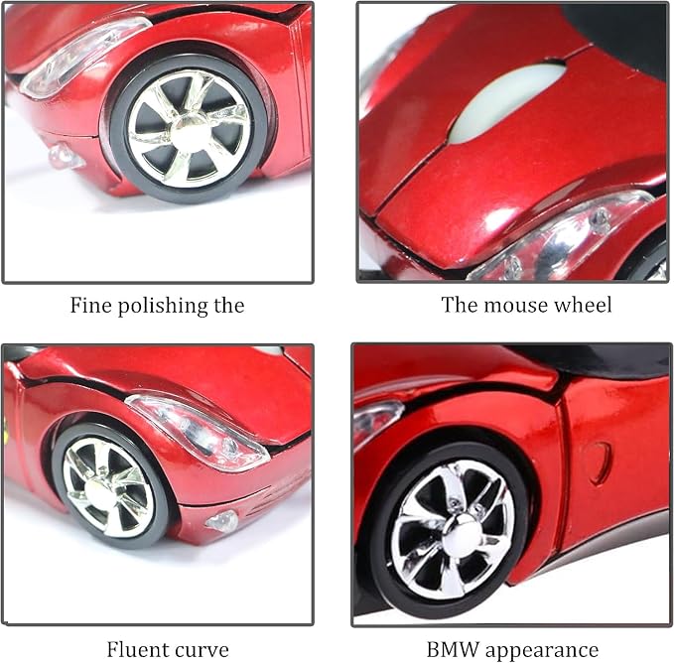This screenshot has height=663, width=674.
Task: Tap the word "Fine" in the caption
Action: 90,305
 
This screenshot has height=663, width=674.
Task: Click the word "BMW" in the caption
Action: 453,650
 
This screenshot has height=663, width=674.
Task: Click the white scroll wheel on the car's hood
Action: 507,102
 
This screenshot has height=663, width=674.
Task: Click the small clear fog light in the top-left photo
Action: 66,157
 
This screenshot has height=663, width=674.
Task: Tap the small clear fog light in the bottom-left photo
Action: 222,521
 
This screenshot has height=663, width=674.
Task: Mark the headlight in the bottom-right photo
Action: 376,419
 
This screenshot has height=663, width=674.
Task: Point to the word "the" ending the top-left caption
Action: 229,305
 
